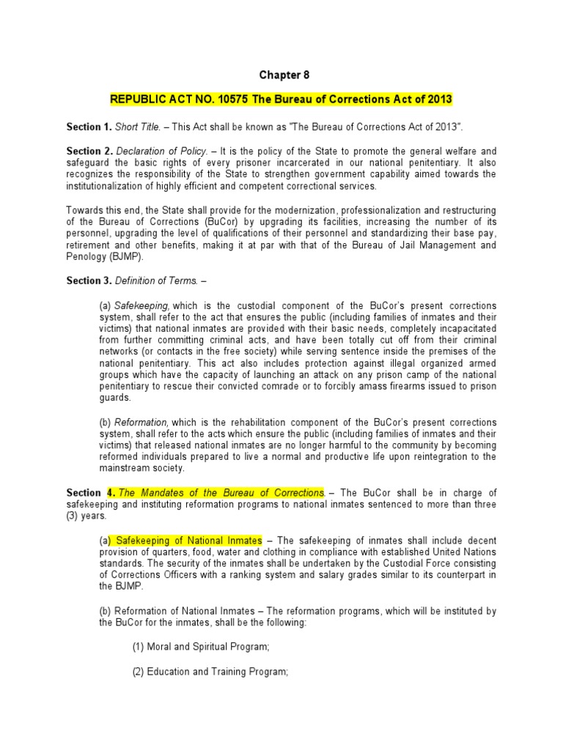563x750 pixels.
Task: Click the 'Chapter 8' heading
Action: tap(281, 75)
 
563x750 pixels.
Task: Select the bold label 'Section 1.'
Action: tap(88, 127)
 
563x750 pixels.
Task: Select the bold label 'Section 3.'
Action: tap(88, 281)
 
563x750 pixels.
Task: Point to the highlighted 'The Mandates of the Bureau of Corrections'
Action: tap(221, 492)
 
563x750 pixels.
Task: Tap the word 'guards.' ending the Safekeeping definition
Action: tap(115, 398)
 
